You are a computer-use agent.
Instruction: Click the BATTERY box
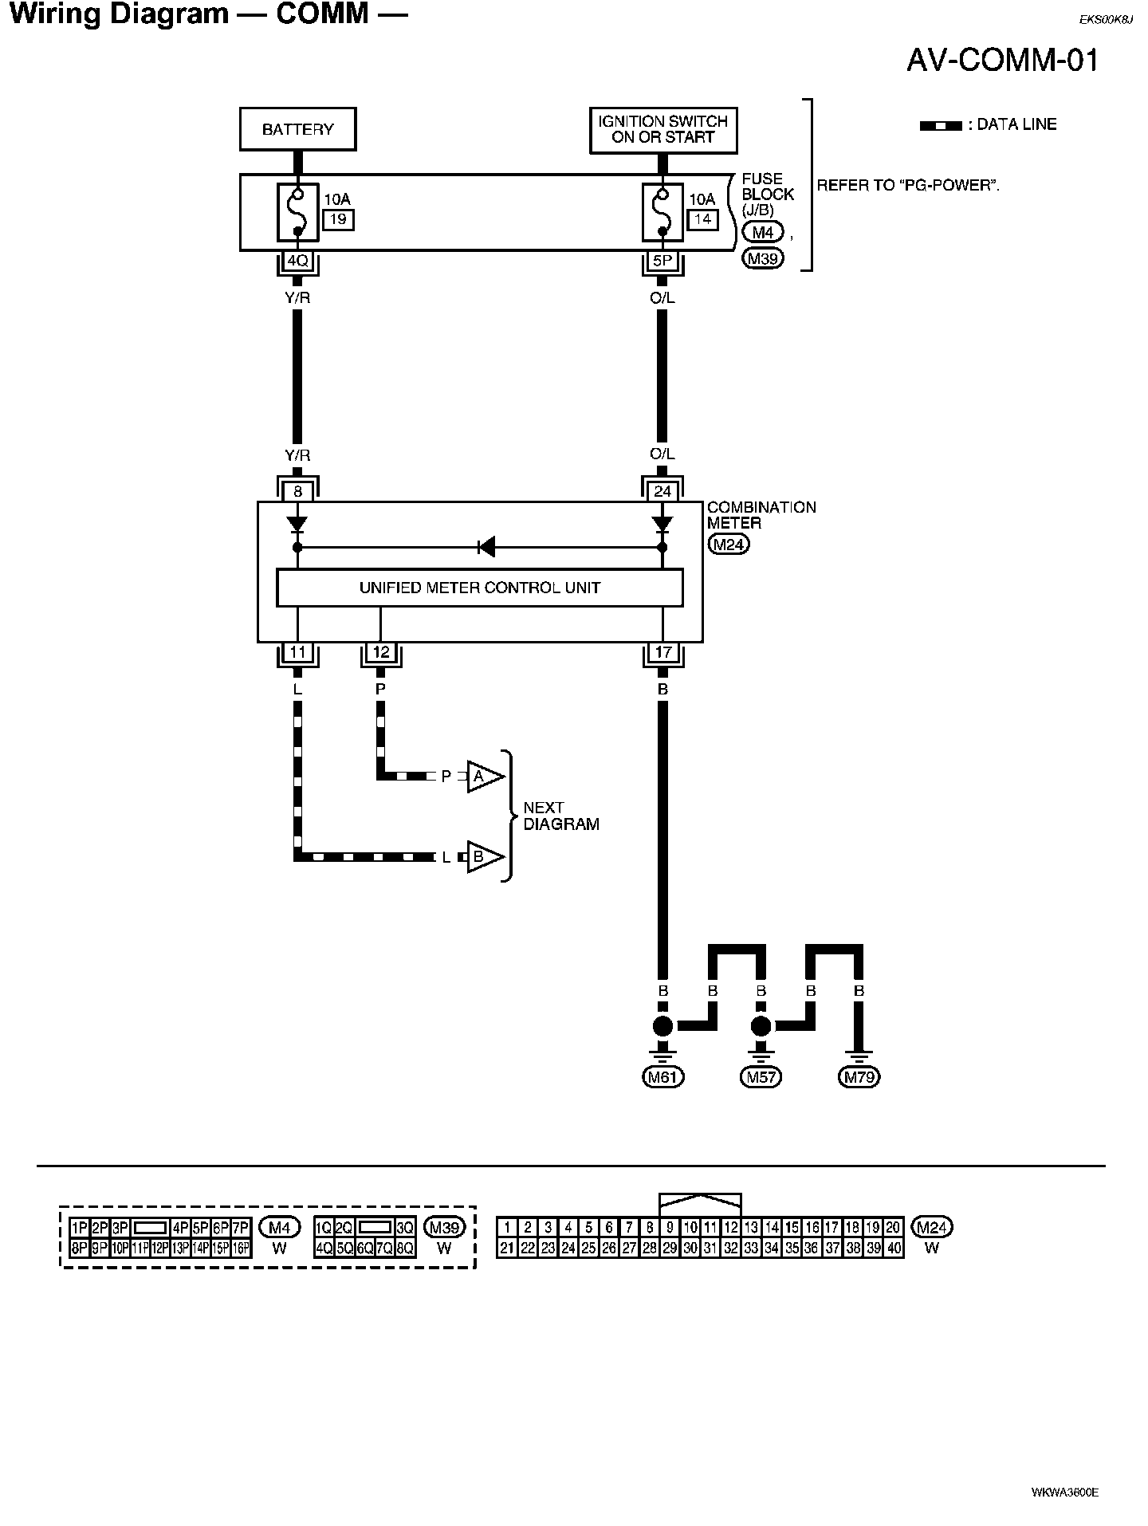coord(297,129)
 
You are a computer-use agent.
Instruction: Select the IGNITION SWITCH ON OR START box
coord(662,129)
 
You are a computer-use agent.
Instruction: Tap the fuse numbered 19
coord(298,211)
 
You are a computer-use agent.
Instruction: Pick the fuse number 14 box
coord(702,219)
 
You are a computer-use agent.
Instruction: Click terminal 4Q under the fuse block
coord(297,261)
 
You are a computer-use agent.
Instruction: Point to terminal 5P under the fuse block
coord(662,261)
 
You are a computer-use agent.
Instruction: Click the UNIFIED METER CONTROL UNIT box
coord(479,588)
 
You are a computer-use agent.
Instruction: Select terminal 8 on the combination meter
coord(297,492)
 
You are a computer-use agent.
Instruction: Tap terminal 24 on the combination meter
coord(662,492)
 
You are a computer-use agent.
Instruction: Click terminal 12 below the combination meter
coord(381,652)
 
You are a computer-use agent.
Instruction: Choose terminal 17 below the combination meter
coord(662,652)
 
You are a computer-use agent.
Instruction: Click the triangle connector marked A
coord(484,776)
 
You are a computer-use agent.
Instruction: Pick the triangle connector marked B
coord(484,857)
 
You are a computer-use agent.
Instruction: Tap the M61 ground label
coord(663,1077)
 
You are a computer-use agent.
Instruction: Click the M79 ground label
coord(859,1077)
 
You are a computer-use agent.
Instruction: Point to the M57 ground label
coord(761,1077)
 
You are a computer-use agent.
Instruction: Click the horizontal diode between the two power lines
coord(486,547)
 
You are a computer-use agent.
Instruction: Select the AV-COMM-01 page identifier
coord(1003,61)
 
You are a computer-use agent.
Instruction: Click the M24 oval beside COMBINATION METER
coord(729,545)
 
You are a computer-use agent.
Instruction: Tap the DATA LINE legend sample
coord(941,126)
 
